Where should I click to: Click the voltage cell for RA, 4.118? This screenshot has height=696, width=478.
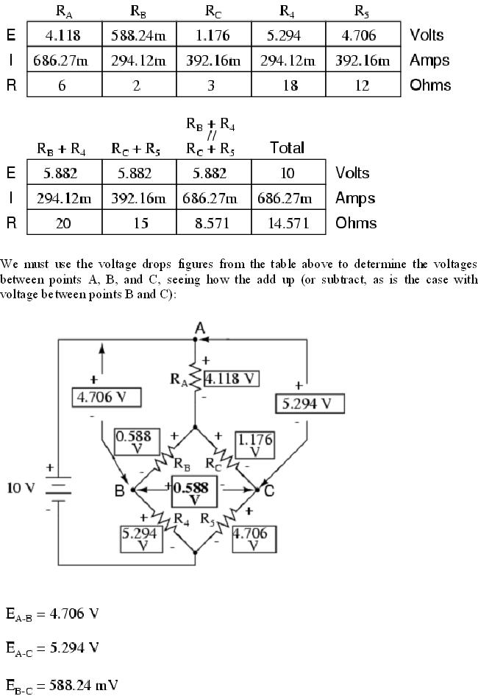(63, 35)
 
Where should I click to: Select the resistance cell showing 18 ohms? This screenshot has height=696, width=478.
(290, 85)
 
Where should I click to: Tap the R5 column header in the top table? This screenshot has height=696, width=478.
(363, 11)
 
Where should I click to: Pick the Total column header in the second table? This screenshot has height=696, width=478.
(288, 147)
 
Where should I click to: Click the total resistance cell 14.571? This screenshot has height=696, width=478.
(288, 223)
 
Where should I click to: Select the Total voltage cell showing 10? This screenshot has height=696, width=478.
(288, 173)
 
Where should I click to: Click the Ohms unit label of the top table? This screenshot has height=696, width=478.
(429, 85)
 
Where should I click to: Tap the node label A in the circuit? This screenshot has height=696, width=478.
(199, 327)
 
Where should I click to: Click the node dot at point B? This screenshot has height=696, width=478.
(132, 489)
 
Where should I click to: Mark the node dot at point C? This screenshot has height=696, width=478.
(259, 489)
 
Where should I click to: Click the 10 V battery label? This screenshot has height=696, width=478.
(20, 488)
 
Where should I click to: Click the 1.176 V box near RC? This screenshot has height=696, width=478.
(254, 446)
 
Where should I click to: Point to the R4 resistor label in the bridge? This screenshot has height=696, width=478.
(180, 518)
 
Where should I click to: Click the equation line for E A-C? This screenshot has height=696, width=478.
(52, 648)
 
